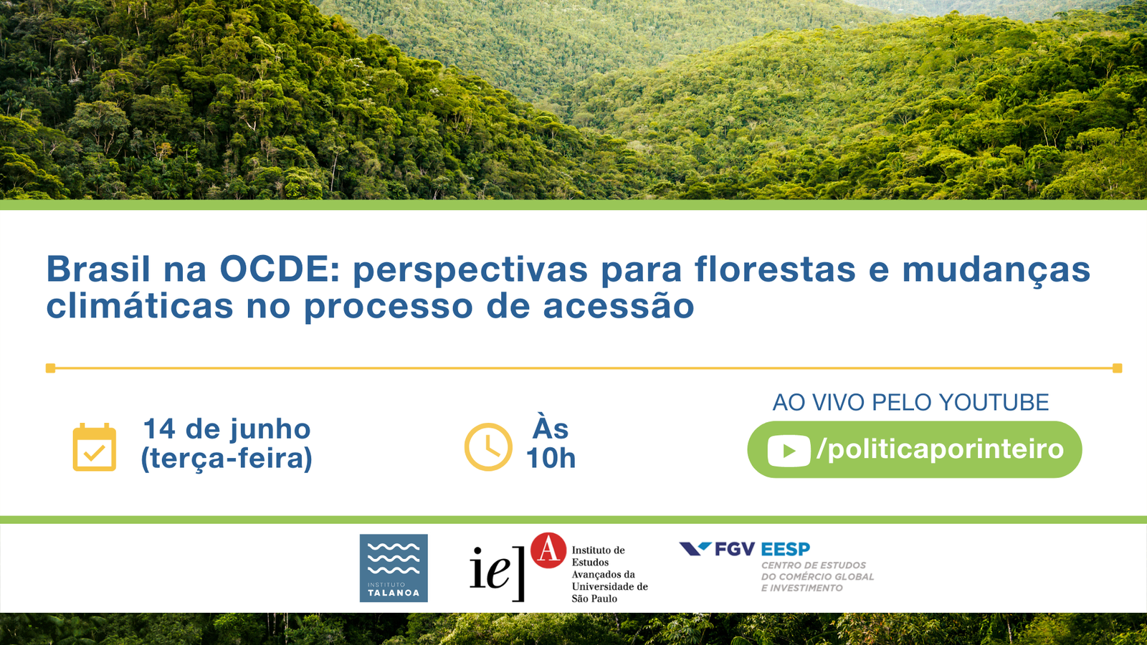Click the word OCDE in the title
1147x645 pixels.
(x=280, y=269)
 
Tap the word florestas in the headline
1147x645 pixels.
(x=775, y=269)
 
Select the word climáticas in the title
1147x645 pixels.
(x=140, y=305)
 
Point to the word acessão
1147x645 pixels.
(x=619, y=305)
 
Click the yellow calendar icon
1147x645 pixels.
(x=94, y=447)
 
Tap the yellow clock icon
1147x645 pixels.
(x=488, y=447)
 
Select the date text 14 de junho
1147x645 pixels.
(x=227, y=429)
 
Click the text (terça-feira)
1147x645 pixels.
(x=227, y=458)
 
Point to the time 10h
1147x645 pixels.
(x=551, y=458)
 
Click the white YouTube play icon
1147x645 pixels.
(x=789, y=451)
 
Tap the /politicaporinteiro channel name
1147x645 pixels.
(x=941, y=449)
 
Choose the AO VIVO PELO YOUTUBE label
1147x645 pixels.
(x=910, y=402)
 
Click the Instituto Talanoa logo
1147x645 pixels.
(x=394, y=568)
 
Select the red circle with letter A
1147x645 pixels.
(x=548, y=550)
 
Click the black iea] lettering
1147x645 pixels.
(x=498, y=573)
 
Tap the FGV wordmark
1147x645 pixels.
(x=735, y=549)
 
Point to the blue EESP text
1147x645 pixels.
(x=786, y=549)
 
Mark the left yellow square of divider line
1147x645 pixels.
(x=50, y=368)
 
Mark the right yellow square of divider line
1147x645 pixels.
(x=1118, y=368)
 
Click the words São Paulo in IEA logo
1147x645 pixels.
(x=594, y=598)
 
